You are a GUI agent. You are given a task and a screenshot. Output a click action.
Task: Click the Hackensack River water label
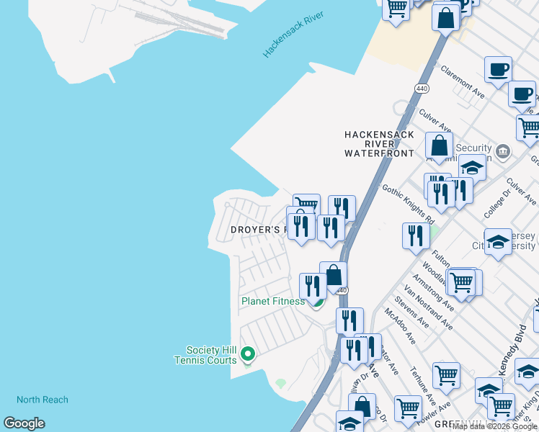click(x=293, y=34)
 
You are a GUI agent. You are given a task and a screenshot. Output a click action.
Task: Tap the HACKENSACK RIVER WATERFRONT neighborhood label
click(x=379, y=144)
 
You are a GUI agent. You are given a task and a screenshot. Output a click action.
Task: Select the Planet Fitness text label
click(x=273, y=301)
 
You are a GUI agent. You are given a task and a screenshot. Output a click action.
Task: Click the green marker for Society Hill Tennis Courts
click(x=248, y=354)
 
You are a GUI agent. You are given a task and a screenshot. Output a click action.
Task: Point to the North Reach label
click(x=43, y=400)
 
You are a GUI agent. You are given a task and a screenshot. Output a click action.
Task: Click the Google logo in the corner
click(x=24, y=423)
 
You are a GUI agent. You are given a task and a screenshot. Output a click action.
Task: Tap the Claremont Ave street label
click(x=463, y=83)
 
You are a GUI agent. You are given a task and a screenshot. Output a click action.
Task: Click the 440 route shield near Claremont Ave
click(x=422, y=88)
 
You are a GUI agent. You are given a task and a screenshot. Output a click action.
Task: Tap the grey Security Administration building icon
click(x=503, y=152)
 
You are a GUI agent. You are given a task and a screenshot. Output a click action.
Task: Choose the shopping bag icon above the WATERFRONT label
click(x=439, y=145)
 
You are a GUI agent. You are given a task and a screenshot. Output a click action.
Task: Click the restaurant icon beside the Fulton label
click(x=416, y=236)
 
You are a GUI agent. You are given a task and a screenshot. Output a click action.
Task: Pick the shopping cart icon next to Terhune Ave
click(x=446, y=374)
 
